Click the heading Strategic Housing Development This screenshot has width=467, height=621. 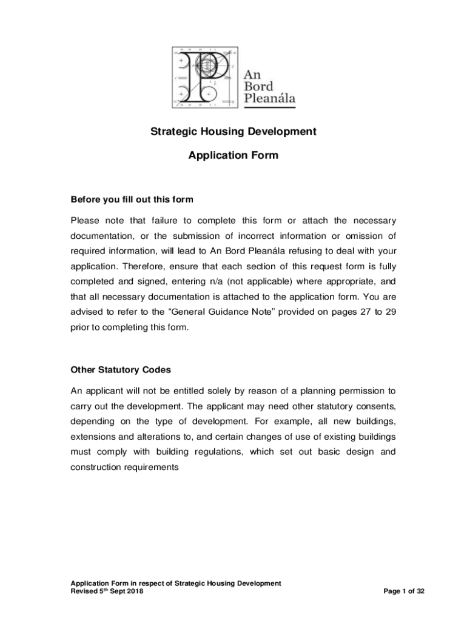233,131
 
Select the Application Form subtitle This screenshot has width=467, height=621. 233,155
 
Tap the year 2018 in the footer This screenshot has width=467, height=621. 135,591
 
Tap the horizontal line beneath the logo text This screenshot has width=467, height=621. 269,107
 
